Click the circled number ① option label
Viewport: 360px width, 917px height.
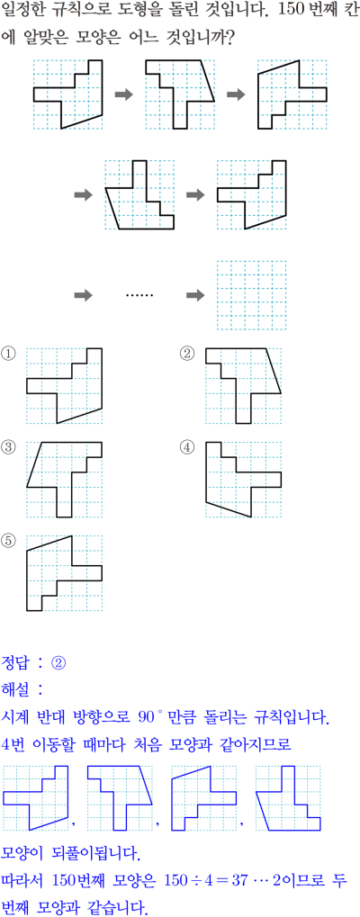point(8,354)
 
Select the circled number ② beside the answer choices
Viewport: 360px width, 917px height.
point(187,354)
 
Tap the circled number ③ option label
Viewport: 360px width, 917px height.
point(8,447)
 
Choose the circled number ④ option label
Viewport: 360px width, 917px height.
point(187,447)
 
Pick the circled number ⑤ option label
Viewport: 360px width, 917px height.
point(8,541)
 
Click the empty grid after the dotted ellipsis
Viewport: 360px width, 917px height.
point(252,295)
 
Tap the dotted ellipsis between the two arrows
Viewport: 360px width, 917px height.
point(139,295)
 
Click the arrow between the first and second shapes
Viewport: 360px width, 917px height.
point(124,94)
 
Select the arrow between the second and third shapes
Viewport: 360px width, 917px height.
point(236,94)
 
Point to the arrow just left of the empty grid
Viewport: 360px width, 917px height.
point(196,295)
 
